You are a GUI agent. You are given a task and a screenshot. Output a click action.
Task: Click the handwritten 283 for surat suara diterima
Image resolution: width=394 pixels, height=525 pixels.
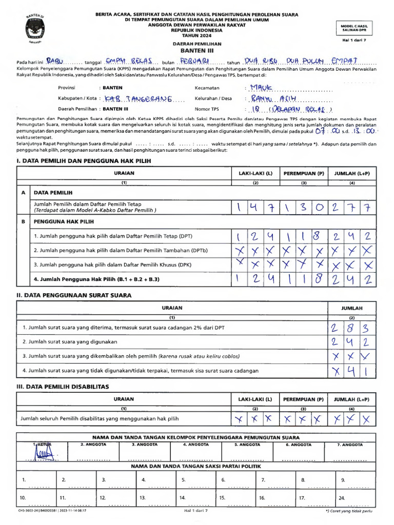(348, 328)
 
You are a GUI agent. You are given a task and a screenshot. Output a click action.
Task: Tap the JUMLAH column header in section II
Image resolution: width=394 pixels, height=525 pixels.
(352, 308)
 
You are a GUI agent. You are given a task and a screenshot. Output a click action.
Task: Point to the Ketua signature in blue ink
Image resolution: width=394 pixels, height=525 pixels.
(45, 454)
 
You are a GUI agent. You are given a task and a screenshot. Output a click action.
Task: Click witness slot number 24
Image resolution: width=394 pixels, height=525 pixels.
(342, 497)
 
